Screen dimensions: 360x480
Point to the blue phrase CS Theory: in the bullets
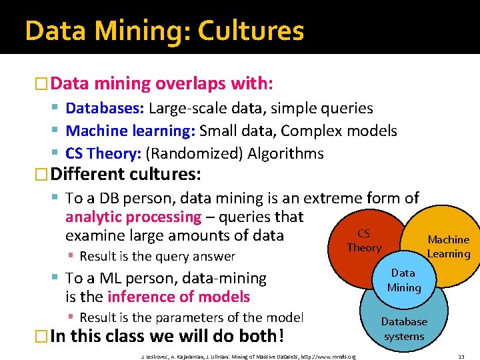point(103,153)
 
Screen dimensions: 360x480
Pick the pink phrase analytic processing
point(133,217)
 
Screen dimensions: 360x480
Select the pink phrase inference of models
point(179,297)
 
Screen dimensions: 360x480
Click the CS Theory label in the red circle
point(364,241)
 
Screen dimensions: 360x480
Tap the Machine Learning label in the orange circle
point(449,246)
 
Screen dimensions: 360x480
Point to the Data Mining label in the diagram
point(403,280)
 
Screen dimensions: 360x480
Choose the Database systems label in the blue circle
point(403,329)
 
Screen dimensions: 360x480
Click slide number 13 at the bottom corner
point(461,356)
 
